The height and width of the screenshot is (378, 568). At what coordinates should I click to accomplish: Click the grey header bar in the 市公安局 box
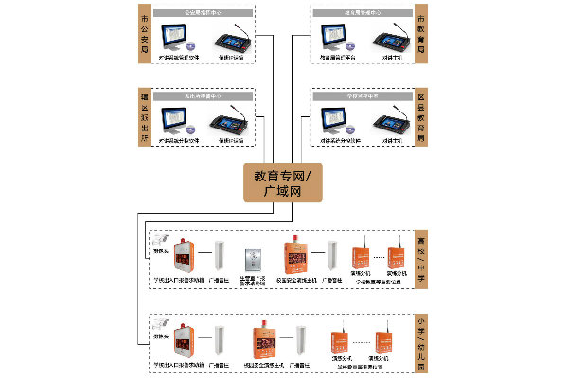204,14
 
